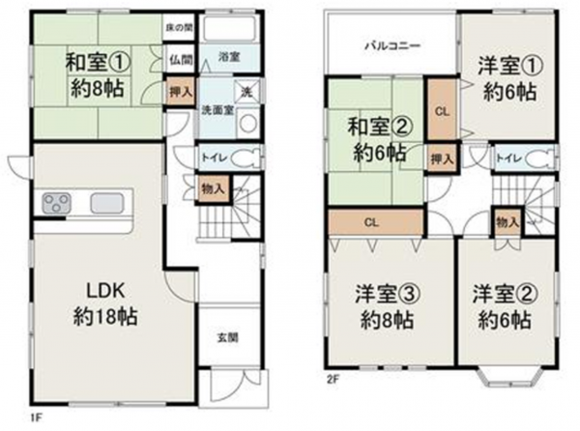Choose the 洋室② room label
(501, 305)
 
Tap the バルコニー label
(391, 45)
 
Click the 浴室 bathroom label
(229, 56)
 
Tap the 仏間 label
(180, 59)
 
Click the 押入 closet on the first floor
(181, 93)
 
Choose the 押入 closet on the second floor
(441, 158)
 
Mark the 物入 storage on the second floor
(506, 223)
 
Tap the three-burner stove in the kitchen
(56, 203)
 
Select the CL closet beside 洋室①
(442, 110)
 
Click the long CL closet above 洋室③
(370, 221)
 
